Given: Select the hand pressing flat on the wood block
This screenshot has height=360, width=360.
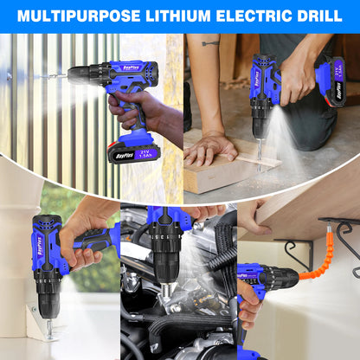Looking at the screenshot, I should tap(209, 148).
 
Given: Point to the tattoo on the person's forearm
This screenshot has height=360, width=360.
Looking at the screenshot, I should tap(210, 42).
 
